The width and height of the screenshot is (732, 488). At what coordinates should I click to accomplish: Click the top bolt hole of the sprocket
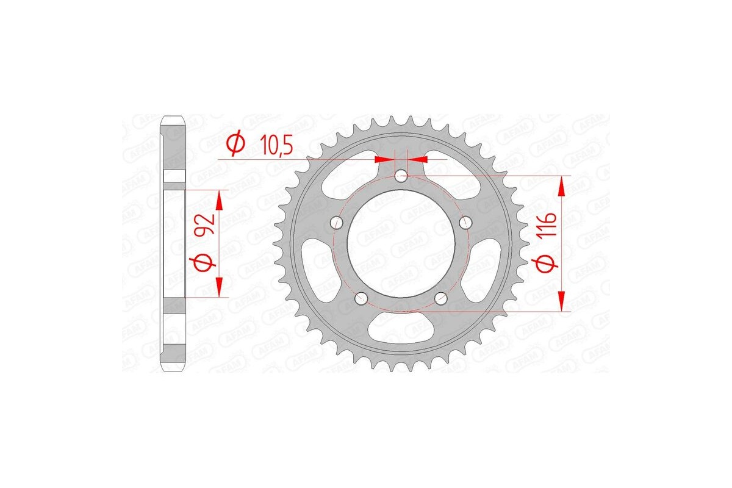401,177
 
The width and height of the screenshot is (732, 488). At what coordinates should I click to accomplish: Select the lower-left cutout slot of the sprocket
320,269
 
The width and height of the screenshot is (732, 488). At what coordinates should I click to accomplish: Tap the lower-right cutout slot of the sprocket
483,269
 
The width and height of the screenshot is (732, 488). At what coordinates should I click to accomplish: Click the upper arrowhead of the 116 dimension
562,185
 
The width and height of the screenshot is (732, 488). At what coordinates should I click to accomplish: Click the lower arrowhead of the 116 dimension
562,301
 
